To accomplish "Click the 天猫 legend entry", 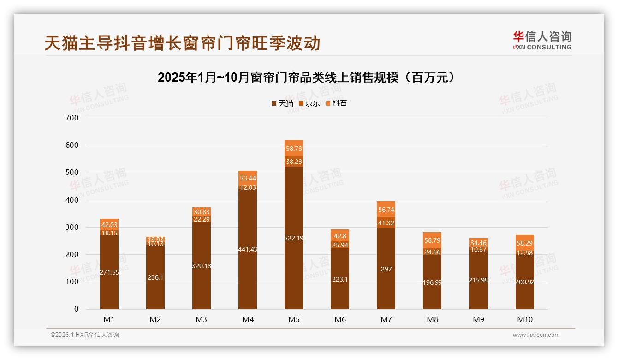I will tap(283, 103).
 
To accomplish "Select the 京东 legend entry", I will tap(309, 103).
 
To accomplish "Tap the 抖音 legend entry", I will tap(337, 103).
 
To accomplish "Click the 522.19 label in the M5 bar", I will tap(294, 238).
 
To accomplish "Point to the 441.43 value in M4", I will tap(248, 249).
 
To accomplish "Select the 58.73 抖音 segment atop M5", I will tap(294, 150).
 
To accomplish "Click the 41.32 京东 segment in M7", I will tap(386, 223).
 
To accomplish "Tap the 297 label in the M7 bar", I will tap(386, 269).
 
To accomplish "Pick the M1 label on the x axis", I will tap(109, 319).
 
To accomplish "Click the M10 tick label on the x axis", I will tap(524, 319).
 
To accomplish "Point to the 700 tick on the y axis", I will tap(73, 118).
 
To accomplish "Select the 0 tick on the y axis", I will tap(76, 309).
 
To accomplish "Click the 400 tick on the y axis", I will tap(73, 200).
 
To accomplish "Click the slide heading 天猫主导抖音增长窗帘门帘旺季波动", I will tap(182, 43).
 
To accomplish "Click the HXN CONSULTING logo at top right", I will tap(542, 41).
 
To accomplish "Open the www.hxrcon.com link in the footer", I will tap(536, 335).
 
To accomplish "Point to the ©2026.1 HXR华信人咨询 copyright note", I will tap(85, 335).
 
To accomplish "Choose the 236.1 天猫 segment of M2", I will tap(155, 278).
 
